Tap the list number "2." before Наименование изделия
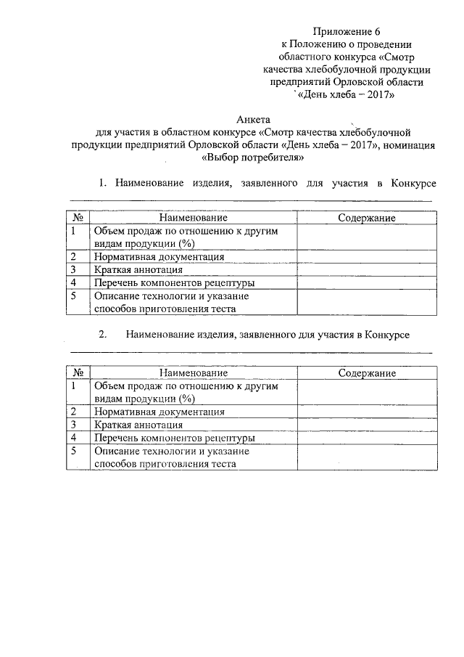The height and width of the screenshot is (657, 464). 102,335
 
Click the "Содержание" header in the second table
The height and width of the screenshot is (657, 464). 367,372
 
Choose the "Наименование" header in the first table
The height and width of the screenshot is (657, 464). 194,218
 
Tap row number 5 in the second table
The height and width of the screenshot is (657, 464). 74,451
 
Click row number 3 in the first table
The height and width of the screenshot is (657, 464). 74,269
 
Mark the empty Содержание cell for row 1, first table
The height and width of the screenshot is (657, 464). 367,237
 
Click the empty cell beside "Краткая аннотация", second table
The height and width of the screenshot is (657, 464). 367,425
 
